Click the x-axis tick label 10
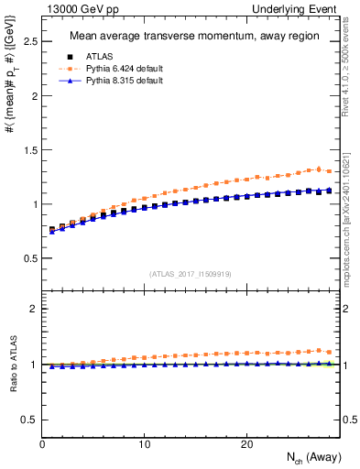(145, 444)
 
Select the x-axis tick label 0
(42, 444)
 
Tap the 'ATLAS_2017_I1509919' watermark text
(191, 273)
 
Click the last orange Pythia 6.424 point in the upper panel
(329, 171)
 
